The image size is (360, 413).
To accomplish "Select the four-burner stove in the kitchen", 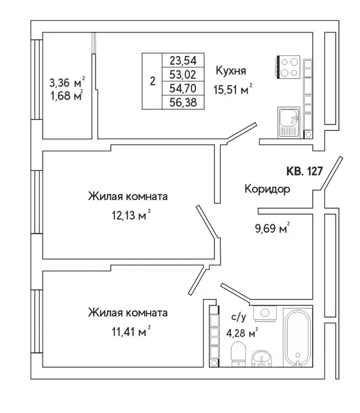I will coord(289,67).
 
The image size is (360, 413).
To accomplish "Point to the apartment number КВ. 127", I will coord(303,172).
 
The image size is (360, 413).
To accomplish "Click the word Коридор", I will coord(267,189).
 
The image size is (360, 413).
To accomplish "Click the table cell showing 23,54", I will coord(183,60).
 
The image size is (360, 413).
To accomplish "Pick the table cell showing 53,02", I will coord(183,74).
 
